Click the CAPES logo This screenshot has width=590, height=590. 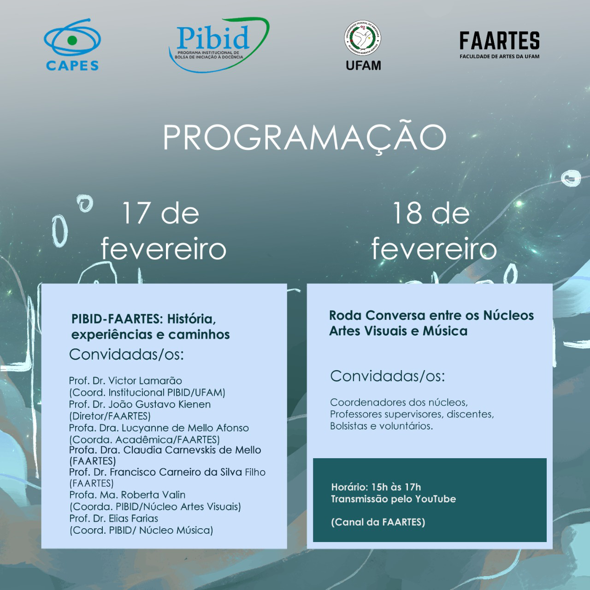pyautogui.click(x=72, y=45)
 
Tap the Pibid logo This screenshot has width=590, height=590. pyautogui.click(x=219, y=45)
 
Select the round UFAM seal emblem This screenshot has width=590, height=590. pyautogui.click(x=363, y=38)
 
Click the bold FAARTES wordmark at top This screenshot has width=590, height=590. pyautogui.click(x=499, y=41)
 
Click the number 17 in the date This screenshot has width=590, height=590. pyautogui.click(x=136, y=213)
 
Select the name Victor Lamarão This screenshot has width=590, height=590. pyautogui.click(x=145, y=381)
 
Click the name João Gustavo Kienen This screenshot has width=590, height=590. pyautogui.click(x=159, y=404)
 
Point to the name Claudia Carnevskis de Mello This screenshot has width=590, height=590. pyautogui.click(x=192, y=450)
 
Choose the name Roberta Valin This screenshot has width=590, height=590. pyautogui.click(x=153, y=495)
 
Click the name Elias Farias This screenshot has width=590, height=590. pyautogui.click(x=133, y=519)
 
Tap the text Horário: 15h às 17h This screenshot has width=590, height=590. pyautogui.click(x=376, y=487)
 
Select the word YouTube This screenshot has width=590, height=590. pyautogui.click(x=436, y=499)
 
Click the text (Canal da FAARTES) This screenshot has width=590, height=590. pyautogui.click(x=378, y=522)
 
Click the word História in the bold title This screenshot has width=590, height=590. pyautogui.click(x=191, y=319)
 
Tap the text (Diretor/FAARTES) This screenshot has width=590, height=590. pyautogui.click(x=110, y=416)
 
